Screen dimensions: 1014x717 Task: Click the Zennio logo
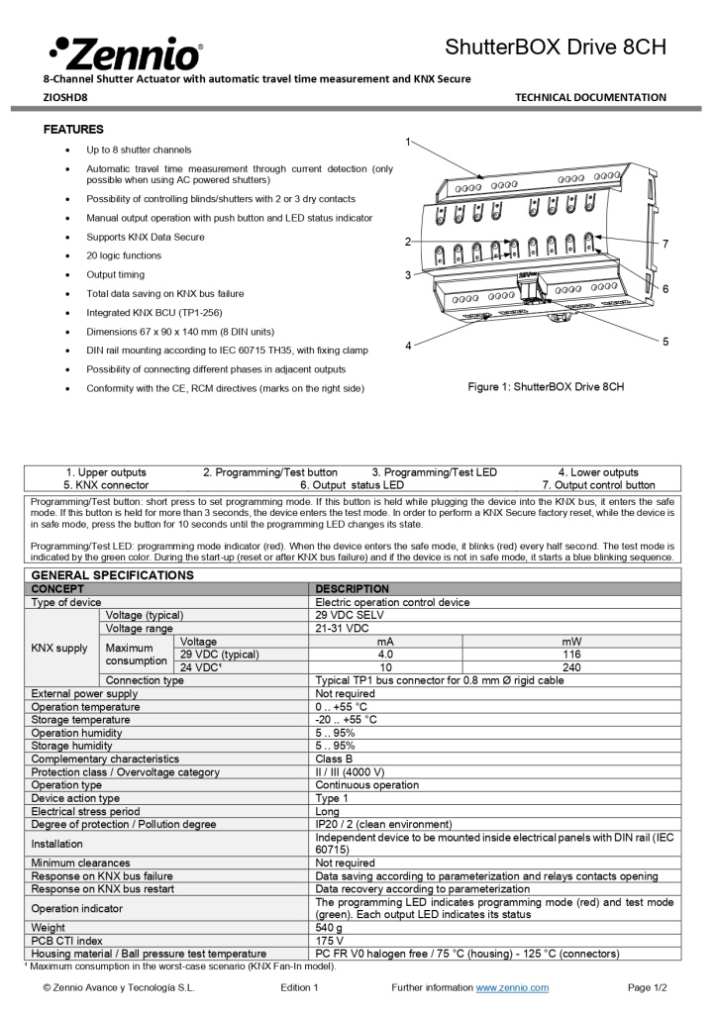click(x=126, y=51)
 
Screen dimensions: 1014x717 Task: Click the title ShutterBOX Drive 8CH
click(x=555, y=47)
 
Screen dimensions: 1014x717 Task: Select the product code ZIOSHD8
click(x=65, y=98)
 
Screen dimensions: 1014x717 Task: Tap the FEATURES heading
click(x=73, y=130)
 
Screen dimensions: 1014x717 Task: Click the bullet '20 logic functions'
click(x=124, y=255)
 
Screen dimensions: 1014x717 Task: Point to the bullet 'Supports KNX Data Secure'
click(x=146, y=237)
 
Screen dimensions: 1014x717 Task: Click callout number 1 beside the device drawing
click(x=408, y=142)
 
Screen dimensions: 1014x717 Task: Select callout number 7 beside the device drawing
click(x=666, y=244)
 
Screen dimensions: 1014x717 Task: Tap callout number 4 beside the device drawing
click(x=408, y=346)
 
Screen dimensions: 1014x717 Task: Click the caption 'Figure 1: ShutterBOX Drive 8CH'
click(x=546, y=386)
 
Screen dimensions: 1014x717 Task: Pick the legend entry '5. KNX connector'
click(x=106, y=485)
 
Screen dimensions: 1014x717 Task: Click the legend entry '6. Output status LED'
click(x=352, y=485)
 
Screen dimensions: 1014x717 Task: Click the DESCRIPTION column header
click(x=352, y=589)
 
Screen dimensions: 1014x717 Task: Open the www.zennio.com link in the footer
click(x=512, y=988)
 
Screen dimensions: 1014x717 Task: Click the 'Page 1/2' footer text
click(x=648, y=988)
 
